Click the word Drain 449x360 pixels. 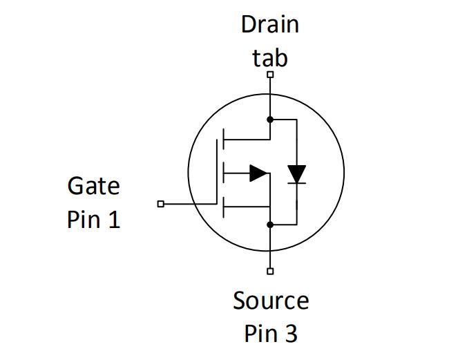point(269,24)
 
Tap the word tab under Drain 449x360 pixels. point(269,58)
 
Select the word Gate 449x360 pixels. point(94,186)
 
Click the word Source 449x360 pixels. point(271,301)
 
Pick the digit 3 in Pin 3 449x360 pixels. point(291,333)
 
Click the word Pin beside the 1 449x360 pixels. point(84,219)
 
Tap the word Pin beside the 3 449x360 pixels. point(261,333)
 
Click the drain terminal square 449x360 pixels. point(270,75)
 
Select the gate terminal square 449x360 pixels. point(161,204)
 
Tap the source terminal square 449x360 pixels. point(270,272)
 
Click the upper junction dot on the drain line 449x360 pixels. point(270,120)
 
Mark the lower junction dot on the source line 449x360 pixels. point(270,225)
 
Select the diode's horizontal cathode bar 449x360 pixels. point(296,183)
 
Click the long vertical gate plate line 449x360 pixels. point(217,172)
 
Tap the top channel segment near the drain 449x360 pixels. point(223,140)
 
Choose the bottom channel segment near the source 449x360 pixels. point(223,207)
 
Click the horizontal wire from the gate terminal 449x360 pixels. point(191,204)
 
